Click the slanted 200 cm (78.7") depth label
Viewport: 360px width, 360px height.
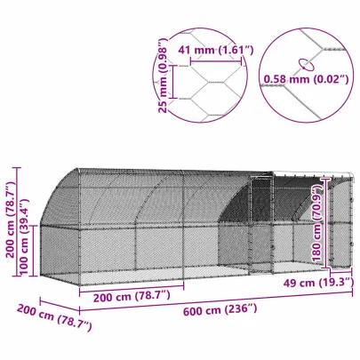tap(52, 317)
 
